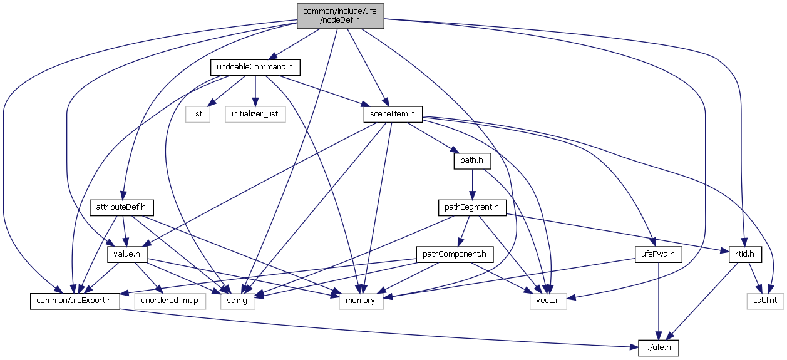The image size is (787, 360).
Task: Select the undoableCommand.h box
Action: pos(254,66)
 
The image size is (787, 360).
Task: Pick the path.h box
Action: pos(471,162)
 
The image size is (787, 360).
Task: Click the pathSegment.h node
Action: pos(471,207)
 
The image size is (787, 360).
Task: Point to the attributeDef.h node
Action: pos(125,207)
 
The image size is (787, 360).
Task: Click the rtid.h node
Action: pos(744,254)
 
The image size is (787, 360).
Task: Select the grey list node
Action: pos(197,115)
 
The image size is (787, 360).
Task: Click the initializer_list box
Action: pos(255,115)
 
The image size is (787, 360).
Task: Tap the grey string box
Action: pos(237,301)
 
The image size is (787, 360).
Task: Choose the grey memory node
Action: pos(361,301)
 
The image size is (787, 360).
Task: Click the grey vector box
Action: pos(548,301)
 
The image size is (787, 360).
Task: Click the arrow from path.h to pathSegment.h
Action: pos(471,185)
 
